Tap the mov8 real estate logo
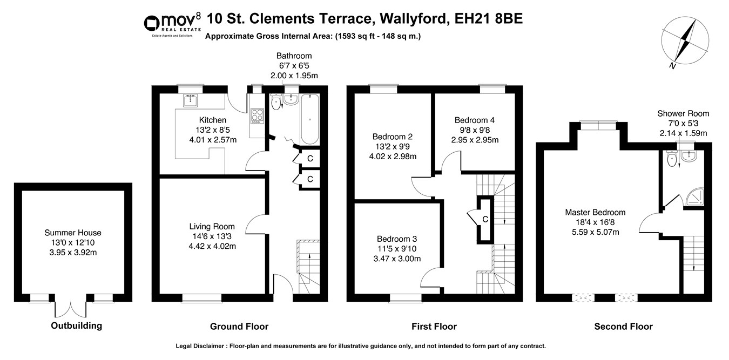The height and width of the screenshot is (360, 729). (x=172, y=25)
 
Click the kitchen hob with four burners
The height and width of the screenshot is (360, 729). (x=257, y=116)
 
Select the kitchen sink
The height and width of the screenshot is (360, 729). (x=191, y=100)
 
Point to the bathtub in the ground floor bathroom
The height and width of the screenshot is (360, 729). (x=309, y=119)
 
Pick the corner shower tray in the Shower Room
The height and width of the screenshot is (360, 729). (x=694, y=196)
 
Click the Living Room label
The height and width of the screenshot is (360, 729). (x=212, y=226)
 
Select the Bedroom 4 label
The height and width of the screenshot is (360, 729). (x=475, y=120)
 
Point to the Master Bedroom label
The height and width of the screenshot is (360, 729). (x=595, y=212)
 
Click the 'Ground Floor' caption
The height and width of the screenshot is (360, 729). (x=239, y=327)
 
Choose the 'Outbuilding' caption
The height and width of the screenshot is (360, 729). (x=77, y=325)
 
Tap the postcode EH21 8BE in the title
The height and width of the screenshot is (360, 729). (x=489, y=18)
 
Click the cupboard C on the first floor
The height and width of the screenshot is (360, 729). (x=485, y=220)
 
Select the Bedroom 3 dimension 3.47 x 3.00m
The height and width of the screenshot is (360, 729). (x=397, y=259)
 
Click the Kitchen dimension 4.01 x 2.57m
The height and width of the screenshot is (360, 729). (x=213, y=140)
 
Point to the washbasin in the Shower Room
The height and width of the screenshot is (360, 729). (x=689, y=155)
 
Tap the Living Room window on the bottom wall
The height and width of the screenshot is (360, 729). (x=202, y=298)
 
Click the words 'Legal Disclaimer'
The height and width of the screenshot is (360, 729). (x=200, y=346)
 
